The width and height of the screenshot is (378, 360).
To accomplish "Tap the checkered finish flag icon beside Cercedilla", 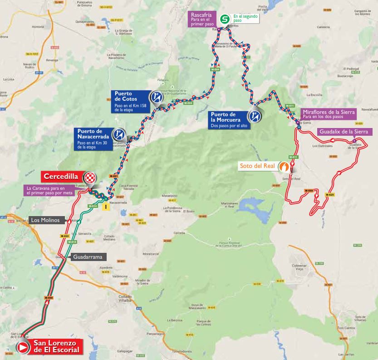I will click(92, 178).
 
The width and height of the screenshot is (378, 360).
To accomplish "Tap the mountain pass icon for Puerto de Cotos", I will click(157, 97).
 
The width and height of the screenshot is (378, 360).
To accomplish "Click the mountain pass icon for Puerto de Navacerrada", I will click(120, 134).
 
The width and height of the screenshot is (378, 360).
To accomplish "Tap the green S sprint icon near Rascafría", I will click(224, 19).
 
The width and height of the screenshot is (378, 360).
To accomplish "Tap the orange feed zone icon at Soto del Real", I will click(284, 167).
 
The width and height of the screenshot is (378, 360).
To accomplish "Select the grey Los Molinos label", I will click(45, 220).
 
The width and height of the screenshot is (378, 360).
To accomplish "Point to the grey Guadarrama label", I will click(88, 256).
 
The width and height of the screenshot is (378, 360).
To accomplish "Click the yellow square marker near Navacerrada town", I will click(105, 207).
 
